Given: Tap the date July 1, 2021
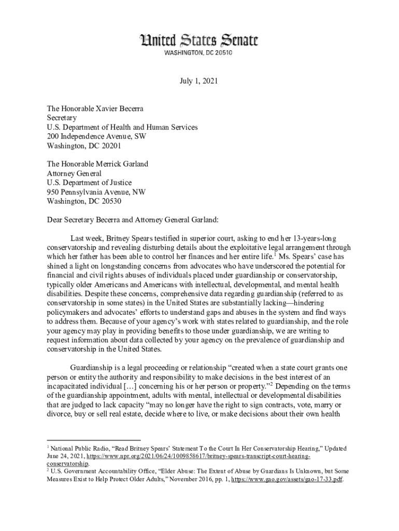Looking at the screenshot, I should tap(199, 81).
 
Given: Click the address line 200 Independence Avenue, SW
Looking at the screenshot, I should tap(96, 136).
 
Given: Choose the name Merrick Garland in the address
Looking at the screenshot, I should tap(121, 164).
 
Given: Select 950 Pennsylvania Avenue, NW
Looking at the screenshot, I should tap(96, 192).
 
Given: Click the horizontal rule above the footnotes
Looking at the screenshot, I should tap(93, 440).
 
